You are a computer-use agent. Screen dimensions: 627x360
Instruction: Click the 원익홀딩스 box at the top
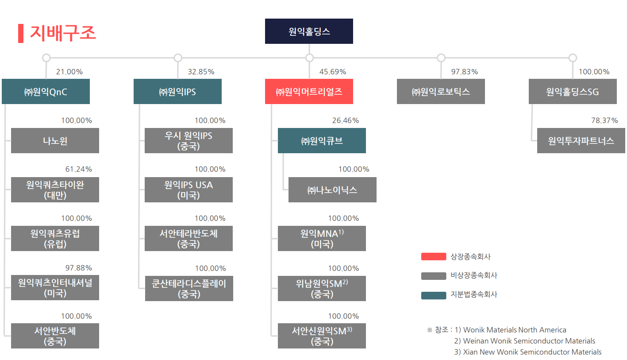309,31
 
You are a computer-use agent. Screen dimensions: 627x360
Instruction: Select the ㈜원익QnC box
46,92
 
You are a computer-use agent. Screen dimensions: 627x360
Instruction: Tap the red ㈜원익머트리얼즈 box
309,92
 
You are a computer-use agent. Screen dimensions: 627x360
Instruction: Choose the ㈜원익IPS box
177,92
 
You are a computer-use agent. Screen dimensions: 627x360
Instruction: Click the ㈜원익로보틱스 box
441,92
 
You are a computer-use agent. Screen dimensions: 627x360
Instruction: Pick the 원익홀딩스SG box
573,92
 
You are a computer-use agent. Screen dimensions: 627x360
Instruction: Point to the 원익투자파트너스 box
581,141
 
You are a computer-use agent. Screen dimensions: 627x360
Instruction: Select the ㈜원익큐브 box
322,141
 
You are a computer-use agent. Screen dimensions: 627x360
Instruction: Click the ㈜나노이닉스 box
332,190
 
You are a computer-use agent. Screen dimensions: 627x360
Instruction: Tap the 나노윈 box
55,141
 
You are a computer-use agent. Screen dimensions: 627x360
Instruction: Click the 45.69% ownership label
333,72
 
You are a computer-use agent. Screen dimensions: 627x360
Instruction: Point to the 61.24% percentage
79,169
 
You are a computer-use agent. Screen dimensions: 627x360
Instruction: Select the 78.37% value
604,120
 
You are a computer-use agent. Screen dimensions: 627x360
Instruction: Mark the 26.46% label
346,120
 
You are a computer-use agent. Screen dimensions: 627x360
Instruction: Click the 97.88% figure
79,268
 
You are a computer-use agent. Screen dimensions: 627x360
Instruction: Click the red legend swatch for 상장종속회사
433,257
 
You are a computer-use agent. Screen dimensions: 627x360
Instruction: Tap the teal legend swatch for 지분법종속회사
433,295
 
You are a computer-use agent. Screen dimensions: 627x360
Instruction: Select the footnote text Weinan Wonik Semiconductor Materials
529,341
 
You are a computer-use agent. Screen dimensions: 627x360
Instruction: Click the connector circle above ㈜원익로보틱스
441,58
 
